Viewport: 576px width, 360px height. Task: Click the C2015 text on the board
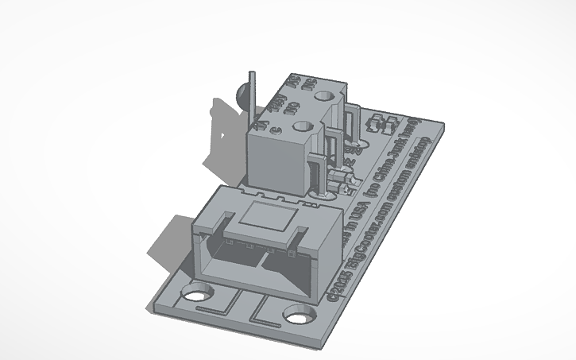(x=338, y=291)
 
